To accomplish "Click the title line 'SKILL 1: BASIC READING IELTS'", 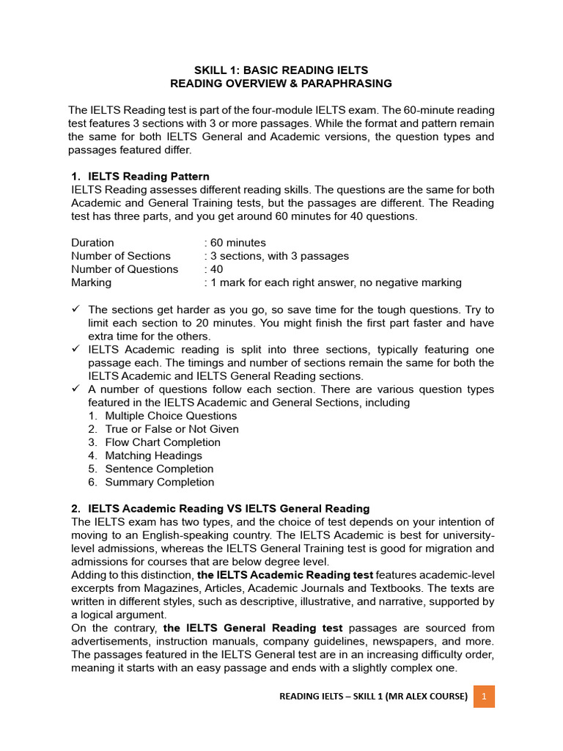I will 281,70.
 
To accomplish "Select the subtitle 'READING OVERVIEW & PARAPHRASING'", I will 281,84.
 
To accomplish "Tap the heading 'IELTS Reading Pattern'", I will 148,177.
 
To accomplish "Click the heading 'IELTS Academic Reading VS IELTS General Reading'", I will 229,508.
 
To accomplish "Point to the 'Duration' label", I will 92,243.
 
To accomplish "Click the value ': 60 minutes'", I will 235,243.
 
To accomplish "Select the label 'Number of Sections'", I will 121,256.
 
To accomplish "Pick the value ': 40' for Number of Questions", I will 213,269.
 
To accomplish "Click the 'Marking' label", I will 92,282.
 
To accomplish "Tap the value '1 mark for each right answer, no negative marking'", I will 336,282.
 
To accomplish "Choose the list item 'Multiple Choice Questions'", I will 171,416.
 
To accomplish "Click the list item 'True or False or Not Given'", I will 172,429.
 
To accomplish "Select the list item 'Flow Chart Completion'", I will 163,442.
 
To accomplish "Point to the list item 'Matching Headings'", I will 153,455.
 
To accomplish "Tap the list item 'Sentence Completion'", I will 159,469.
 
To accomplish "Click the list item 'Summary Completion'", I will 160,482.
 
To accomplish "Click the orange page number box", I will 484,696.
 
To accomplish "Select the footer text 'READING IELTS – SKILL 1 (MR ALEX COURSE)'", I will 373,697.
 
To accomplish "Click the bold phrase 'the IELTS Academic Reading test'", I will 285,575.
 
